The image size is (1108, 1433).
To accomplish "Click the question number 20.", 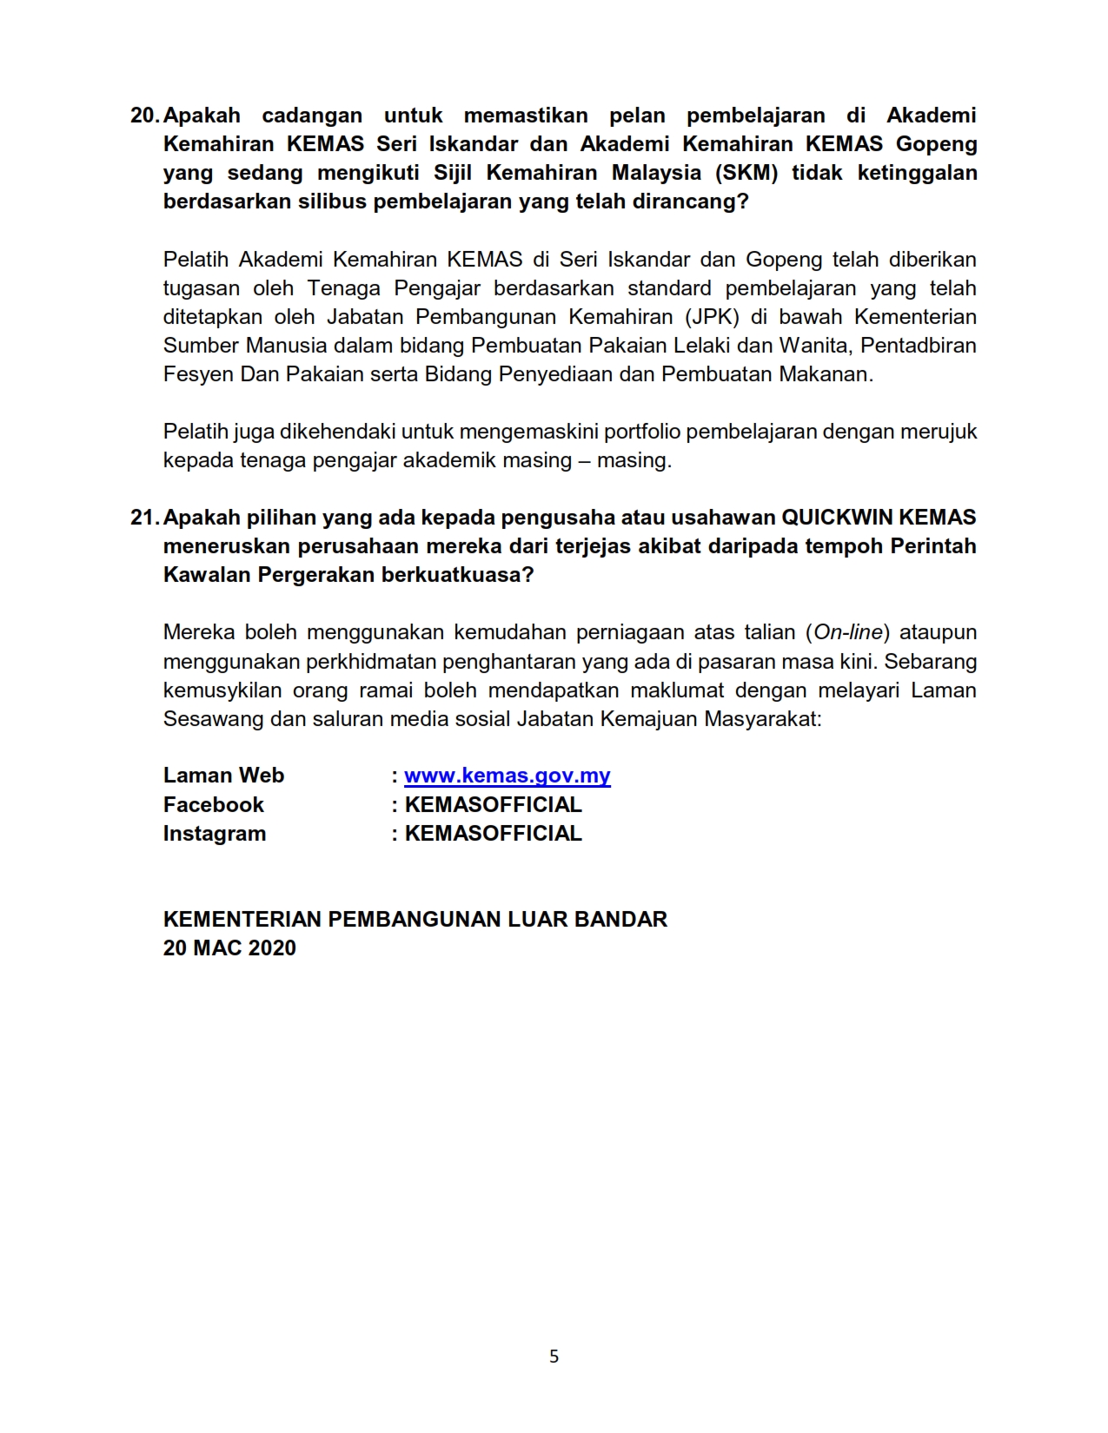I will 144,116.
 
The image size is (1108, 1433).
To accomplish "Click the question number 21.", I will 144,518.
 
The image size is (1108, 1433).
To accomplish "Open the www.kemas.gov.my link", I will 508,776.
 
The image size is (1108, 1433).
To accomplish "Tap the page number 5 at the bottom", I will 554,1357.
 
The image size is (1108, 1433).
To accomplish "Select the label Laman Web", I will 223,776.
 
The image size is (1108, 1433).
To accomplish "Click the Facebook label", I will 213,804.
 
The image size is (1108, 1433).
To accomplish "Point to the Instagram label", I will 215,834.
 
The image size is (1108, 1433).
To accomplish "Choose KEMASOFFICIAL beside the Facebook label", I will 493,804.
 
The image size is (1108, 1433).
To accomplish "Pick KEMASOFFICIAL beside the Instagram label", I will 493,834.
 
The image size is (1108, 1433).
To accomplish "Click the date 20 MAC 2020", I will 229,948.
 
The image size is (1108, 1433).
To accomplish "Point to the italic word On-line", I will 848,632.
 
